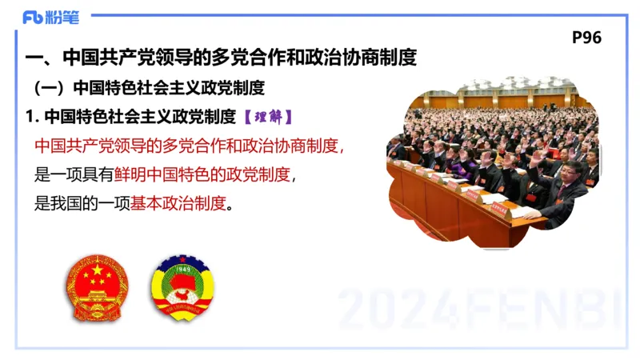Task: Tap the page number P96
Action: [x=587, y=38]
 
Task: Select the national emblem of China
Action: [x=96, y=287]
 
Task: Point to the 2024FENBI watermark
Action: [x=480, y=309]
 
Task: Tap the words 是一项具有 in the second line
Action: [x=73, y=174]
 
